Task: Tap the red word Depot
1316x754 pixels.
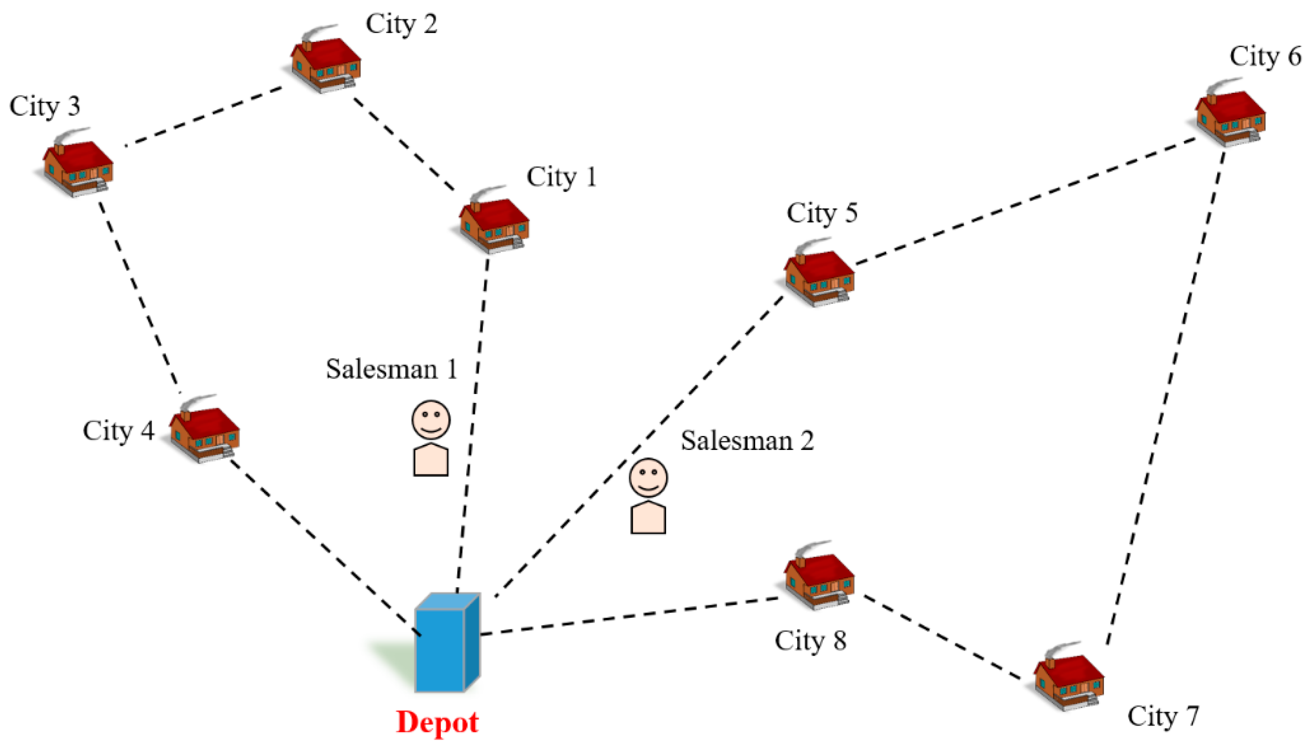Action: pos(437,722)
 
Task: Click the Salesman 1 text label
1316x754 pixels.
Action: pos(392,369)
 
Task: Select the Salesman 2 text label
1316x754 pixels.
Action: pos(747,441)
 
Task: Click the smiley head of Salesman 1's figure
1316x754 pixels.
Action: pos(431,420)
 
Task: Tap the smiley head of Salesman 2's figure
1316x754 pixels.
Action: pos(648,477)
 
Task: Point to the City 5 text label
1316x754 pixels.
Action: pos(822,213)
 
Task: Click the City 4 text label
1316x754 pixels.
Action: pos(118,431)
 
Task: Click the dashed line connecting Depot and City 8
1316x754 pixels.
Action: pos(629,616)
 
